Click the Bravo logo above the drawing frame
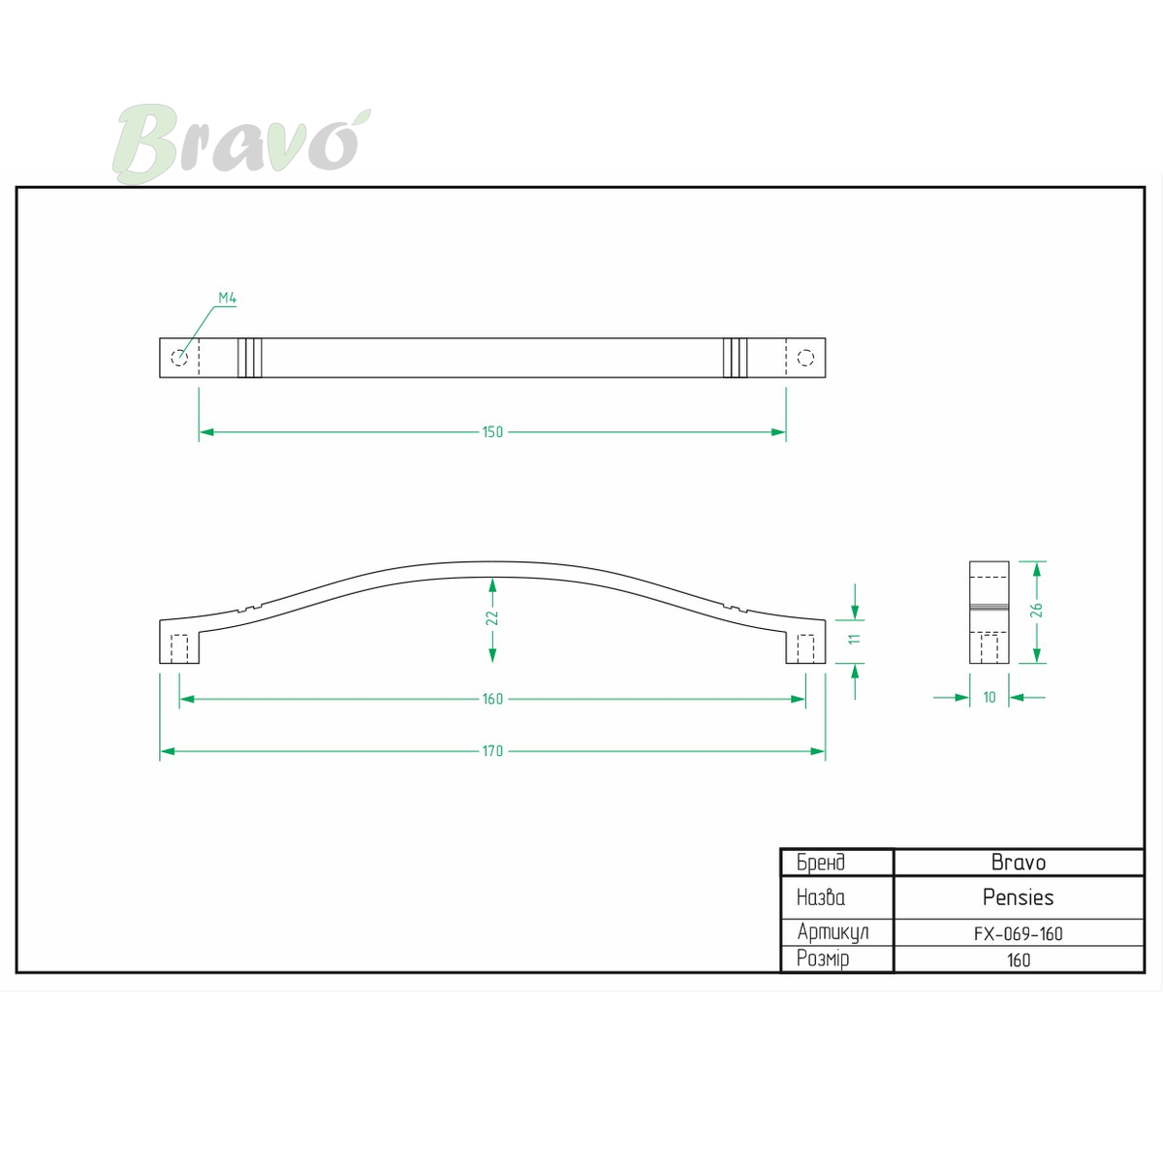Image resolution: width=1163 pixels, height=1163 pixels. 241,143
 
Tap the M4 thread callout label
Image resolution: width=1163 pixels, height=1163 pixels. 227,298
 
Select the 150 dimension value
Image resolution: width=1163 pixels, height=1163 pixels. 492,432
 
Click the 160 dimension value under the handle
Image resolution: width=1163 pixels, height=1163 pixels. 492,699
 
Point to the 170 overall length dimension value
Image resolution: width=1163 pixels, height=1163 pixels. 492,751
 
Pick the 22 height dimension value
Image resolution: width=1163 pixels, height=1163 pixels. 492,618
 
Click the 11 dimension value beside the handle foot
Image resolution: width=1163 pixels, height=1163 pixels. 854,639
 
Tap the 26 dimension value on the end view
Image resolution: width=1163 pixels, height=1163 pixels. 1036,610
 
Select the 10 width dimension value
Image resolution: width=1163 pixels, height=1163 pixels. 990,698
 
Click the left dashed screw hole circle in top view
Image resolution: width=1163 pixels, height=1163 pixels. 179,358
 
